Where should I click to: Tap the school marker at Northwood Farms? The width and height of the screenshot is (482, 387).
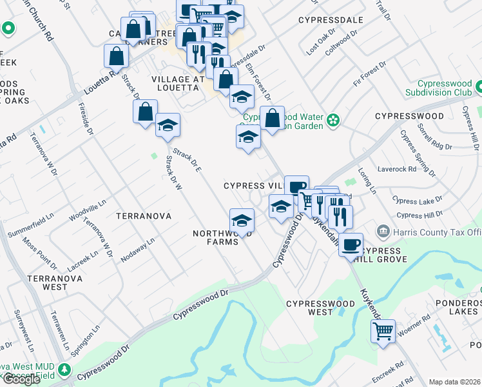click(x=242, y=221)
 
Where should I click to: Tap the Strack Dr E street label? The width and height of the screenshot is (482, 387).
click(x=188, y=159)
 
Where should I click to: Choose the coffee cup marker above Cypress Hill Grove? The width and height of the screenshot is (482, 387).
click(x=351, y=244)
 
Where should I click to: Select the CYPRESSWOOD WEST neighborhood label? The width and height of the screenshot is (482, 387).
click(x=320, y=308)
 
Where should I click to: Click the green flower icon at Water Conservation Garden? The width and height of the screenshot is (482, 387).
click(x=333, y=119)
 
